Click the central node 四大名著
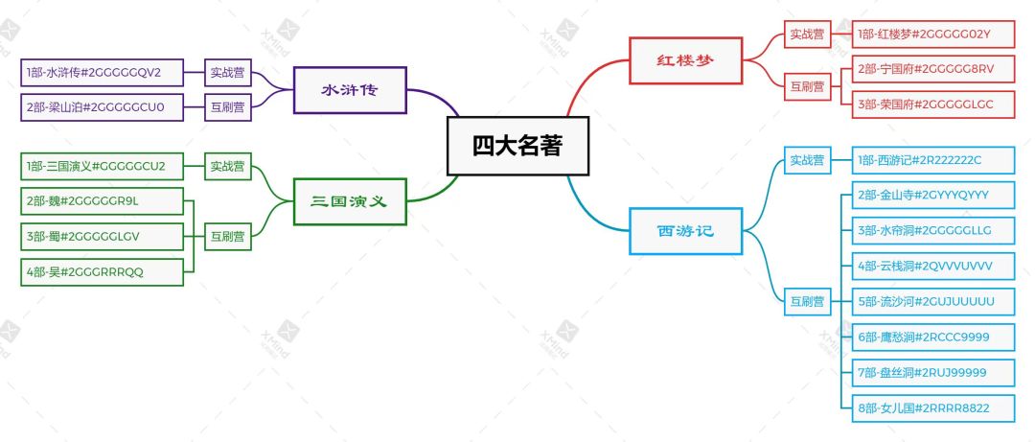click(x=517, y=146)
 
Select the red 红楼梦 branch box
click(x=686, y=60)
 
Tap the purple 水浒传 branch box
click(x=350, y=90)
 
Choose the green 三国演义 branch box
click(x=350, y=201)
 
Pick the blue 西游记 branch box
click(x=686, y=231)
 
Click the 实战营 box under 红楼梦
click(x=807, y=35)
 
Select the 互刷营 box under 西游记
click(x=807, y=302)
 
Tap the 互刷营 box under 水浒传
click(x=228, y=107)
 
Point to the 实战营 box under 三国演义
click(x=228, y=167)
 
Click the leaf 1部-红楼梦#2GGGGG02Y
click(x=933, y=35)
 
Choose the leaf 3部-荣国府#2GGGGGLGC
click(x=933, y=105)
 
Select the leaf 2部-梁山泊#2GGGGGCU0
click(x=103, y=107)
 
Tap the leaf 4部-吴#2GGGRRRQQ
click(x=103, y=272)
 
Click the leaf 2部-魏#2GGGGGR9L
click(x=103, y=201)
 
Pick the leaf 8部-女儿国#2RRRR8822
click(x=933, y=408)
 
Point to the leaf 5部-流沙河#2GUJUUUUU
click(x=933, y=302)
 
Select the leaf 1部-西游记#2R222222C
click(x=933, y=160)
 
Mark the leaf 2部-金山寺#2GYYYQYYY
click(x=933, y=195)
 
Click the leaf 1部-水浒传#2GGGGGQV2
click(x=103, y=73)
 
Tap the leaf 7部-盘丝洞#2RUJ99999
click(x=933, y=373)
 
